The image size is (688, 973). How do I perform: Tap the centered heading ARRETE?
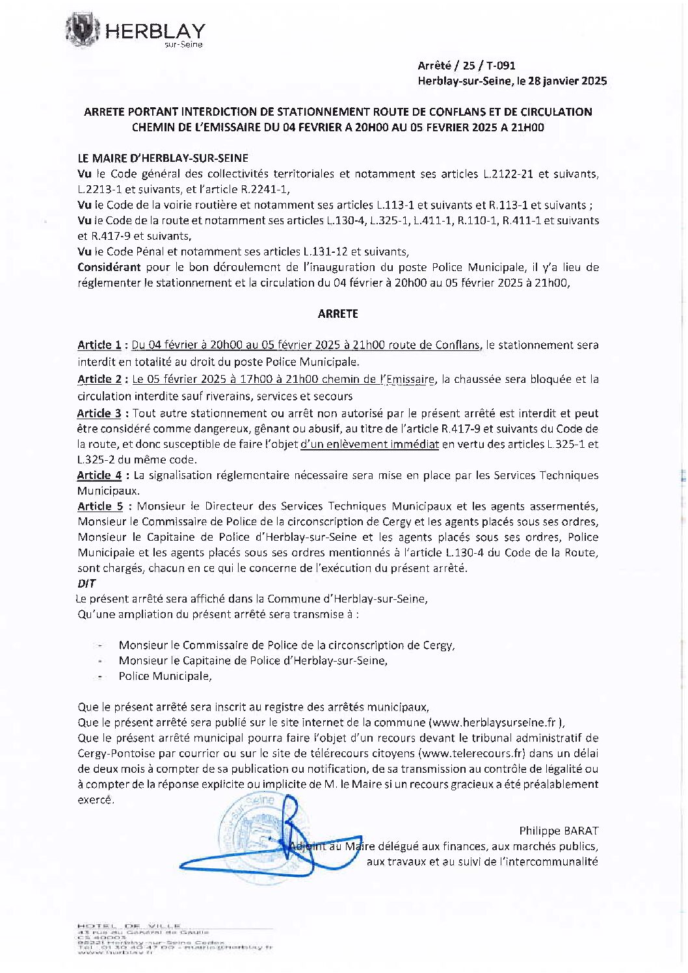[337, 314]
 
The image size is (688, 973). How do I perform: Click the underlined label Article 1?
[99, 345]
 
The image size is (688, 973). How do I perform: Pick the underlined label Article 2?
[99, 380]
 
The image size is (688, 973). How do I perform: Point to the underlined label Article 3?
[99, 413]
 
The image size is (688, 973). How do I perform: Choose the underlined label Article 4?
[99, 476]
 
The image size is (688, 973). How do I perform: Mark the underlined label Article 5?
[99, 506]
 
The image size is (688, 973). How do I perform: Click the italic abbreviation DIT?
[86, 584]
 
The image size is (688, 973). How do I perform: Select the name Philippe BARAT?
[558, 831]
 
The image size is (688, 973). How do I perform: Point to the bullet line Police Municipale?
[165, 676]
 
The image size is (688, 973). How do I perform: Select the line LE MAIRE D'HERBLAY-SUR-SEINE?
[163, 158]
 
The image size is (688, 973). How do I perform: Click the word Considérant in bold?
[109, 267]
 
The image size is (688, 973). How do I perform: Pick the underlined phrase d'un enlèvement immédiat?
[369, 445]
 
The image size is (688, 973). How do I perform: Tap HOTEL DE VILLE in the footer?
[129, 926]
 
